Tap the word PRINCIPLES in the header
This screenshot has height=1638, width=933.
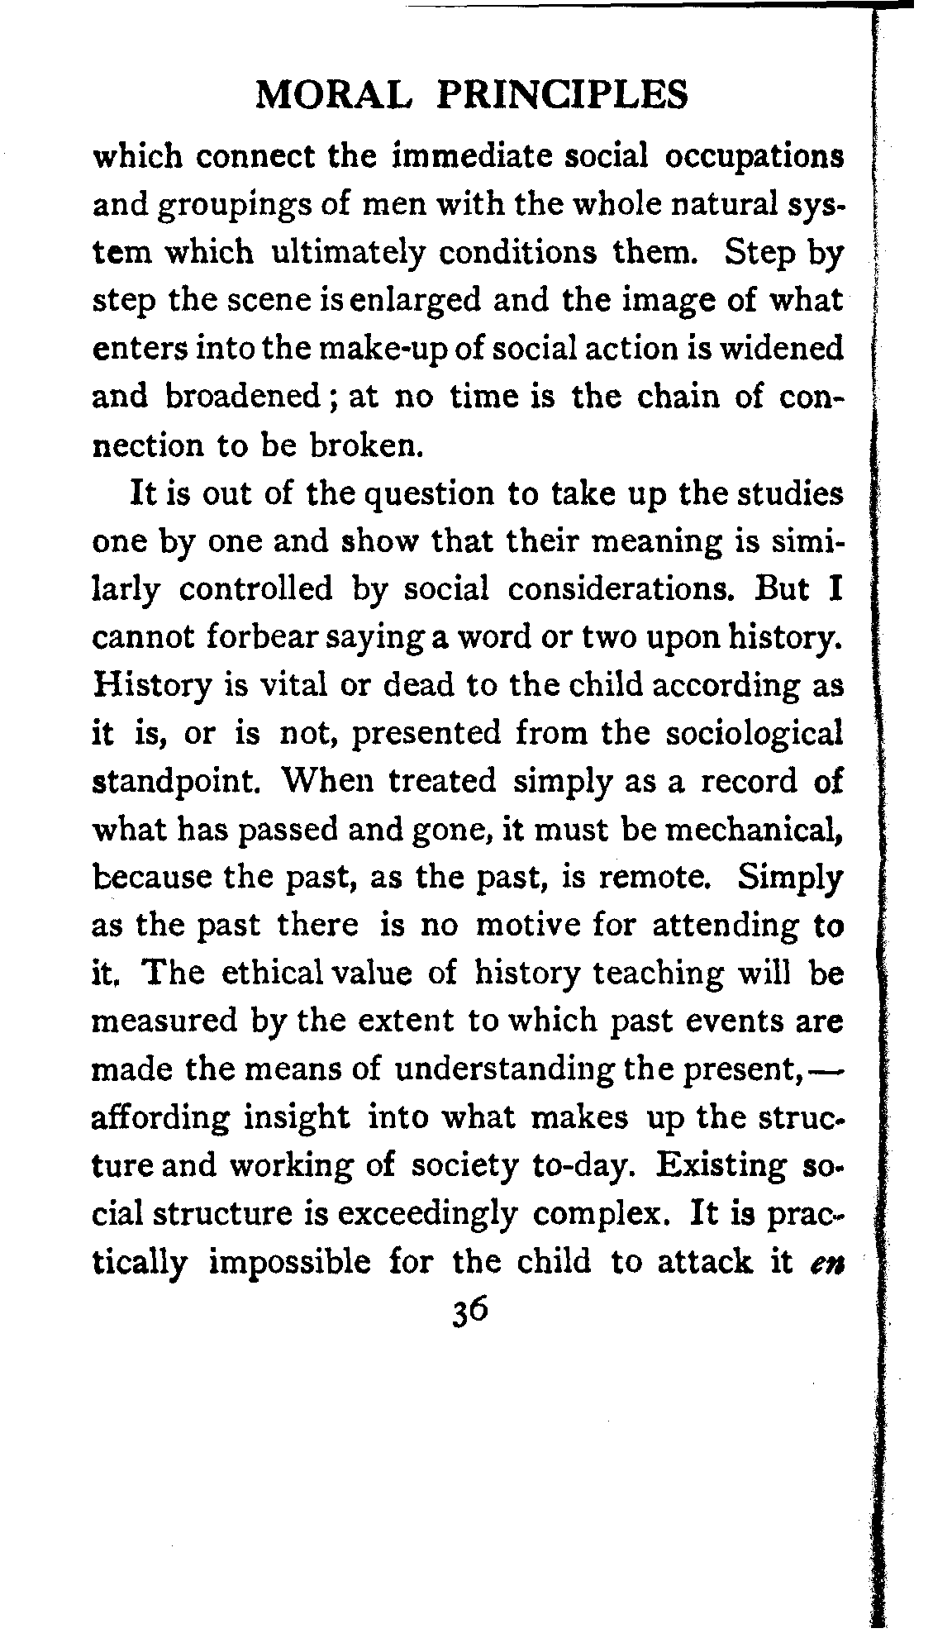click(561, 95)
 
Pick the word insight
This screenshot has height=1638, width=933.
click(297, 1118)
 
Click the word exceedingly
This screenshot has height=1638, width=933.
click(428, 1215)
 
